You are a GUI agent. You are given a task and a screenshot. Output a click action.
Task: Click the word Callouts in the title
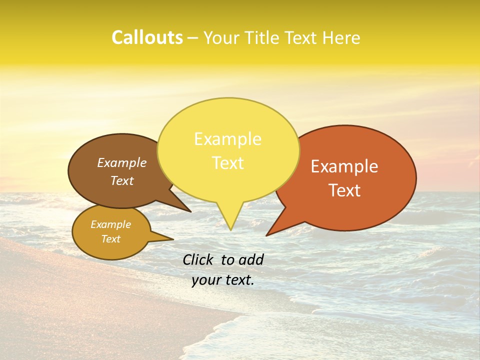tap(147, 37)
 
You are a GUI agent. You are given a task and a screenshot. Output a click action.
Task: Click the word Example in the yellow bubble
tap(228, 139)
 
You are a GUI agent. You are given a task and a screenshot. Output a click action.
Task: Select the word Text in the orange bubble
tap(344, 190)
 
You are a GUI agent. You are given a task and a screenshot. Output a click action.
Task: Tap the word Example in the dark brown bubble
tap(122, 162)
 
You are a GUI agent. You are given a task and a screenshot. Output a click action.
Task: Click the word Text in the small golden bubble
tap(111, 239)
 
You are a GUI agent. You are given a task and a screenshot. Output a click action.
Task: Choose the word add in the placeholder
tap(251, 259)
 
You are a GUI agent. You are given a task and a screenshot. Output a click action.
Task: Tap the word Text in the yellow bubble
tap(228, 163)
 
